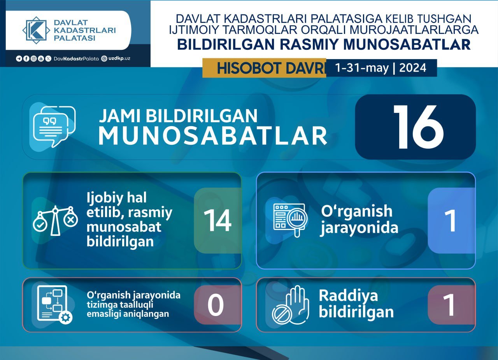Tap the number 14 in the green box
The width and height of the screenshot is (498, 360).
217,220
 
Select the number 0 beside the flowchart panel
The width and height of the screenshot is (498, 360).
216,305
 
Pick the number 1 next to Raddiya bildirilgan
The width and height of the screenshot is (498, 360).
449,305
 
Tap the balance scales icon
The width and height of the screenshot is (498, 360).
55,221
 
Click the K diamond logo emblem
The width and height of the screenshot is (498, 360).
36,30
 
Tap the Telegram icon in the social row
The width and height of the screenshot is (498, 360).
19,59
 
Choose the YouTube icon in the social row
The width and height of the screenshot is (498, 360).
41,59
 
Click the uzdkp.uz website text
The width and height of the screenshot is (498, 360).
119,59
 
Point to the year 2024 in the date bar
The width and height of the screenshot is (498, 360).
413,68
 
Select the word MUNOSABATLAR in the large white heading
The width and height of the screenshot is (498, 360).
213,136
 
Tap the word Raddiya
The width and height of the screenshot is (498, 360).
348,295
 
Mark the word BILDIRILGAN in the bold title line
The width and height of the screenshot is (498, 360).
226,44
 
